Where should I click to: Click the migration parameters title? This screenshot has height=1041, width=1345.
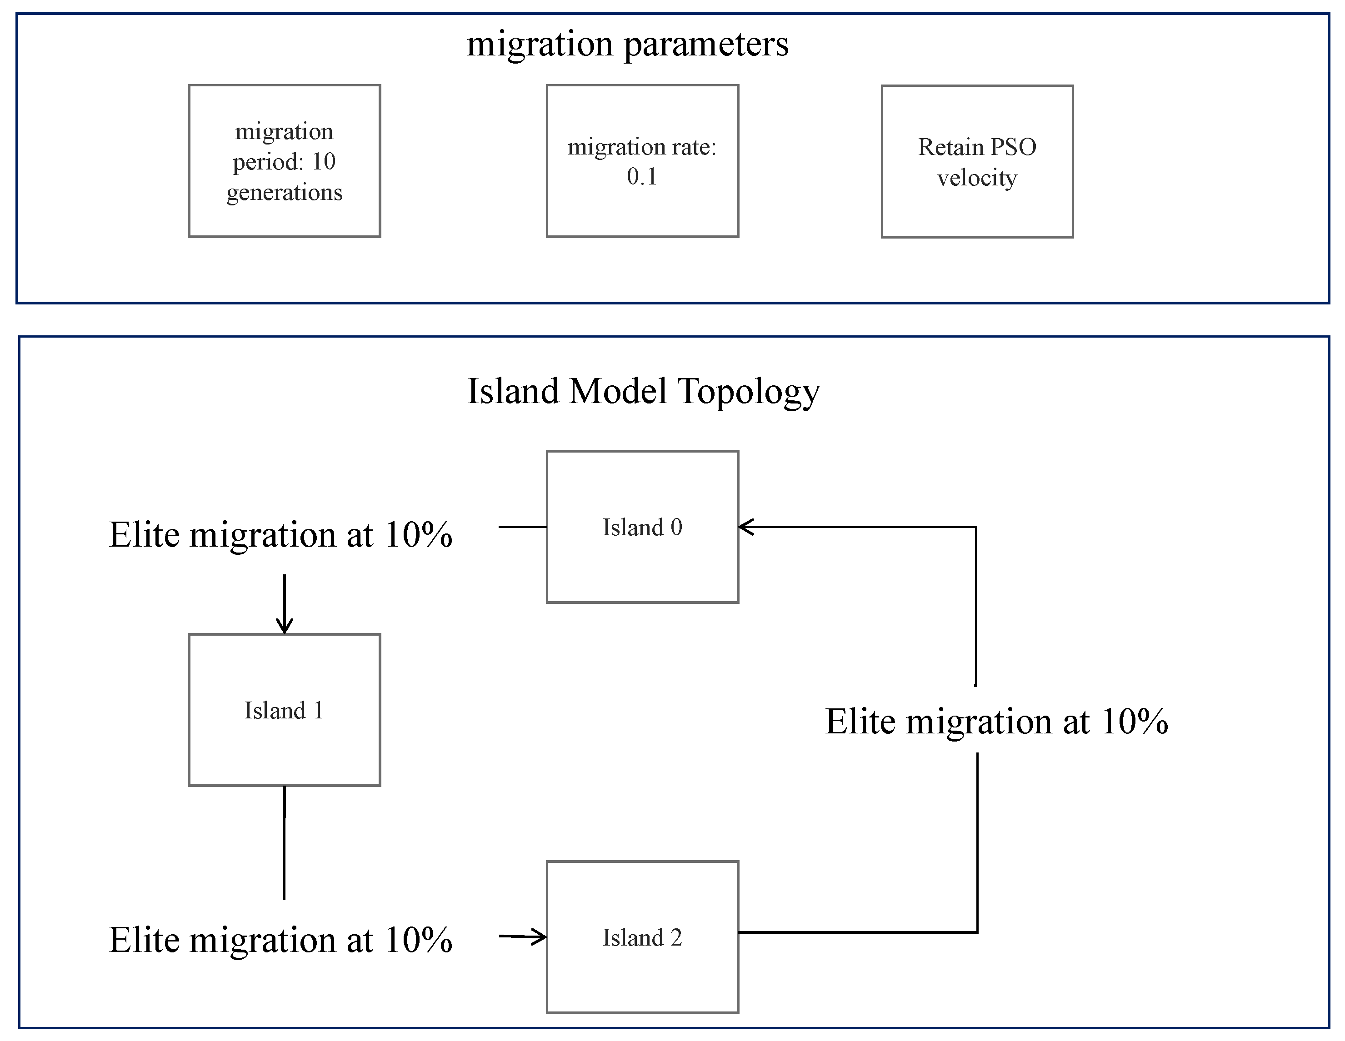click(x=627, y=45)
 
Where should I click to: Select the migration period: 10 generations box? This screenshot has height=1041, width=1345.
click(x=284, y=161)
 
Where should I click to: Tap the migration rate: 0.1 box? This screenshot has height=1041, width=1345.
click(x=642, y=161)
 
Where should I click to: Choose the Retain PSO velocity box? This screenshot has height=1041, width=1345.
click(x=977, y=161)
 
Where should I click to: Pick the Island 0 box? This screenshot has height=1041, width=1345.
click(x=642, y=527)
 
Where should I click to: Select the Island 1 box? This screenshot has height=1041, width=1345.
click(x=284, y=710)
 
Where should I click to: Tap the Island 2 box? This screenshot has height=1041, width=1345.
click(x=642, y=937)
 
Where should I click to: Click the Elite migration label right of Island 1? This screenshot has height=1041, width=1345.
click(x=996, y=722)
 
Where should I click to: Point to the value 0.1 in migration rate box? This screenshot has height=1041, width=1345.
click(x=642, y=177)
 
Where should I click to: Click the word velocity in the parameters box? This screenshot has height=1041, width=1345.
click(x=977, y=178)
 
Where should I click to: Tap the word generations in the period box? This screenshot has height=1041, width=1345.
click(x=284, y=193)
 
